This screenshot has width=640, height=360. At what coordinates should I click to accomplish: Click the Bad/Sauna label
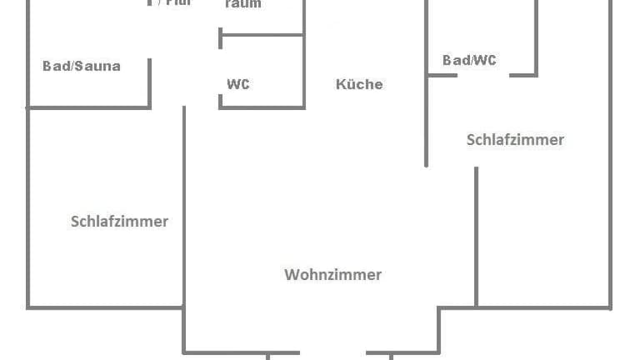tap(82, 66)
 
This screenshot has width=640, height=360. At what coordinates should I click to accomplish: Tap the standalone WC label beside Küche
tap(237, 84)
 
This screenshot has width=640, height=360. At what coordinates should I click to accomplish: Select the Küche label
tap(359, 84)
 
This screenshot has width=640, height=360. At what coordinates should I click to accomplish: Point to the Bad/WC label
tap(469, 60)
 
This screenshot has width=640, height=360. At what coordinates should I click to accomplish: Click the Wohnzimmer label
tap(332, 274)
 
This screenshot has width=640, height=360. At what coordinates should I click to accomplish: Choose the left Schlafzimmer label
tap(119, 221)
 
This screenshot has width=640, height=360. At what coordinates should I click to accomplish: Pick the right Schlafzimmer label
tap(515, 139)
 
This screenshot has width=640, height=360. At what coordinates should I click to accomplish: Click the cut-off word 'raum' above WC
tap(242, 4)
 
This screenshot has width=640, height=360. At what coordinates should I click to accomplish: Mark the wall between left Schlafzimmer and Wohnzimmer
tap(184, 217)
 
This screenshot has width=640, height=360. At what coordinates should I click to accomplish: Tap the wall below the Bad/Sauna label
tap(88, 107)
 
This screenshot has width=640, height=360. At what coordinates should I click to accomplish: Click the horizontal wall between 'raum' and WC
tap(262, 35)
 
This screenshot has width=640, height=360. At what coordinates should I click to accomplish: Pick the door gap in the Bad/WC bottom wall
tap(483, 76)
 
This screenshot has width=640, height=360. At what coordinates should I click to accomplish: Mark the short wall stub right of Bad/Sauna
tap(150, 82)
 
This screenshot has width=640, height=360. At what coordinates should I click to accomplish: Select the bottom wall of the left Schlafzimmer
tap(105, 307)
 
